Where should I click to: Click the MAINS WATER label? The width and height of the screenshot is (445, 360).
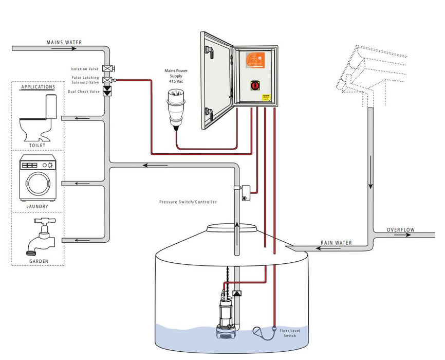[x=64, y=42]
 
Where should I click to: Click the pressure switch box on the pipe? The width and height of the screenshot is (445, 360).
[x=246, y=191]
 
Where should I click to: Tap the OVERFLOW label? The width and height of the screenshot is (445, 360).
[x=401, y=230]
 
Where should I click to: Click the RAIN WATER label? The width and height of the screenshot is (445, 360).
[x=336, y=243]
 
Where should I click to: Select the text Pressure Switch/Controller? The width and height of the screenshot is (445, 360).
[x=188, y=202]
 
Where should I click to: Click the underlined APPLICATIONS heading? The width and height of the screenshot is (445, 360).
[x=38, y=87]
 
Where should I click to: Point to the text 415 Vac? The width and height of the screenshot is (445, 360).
[x=176, y=82]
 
